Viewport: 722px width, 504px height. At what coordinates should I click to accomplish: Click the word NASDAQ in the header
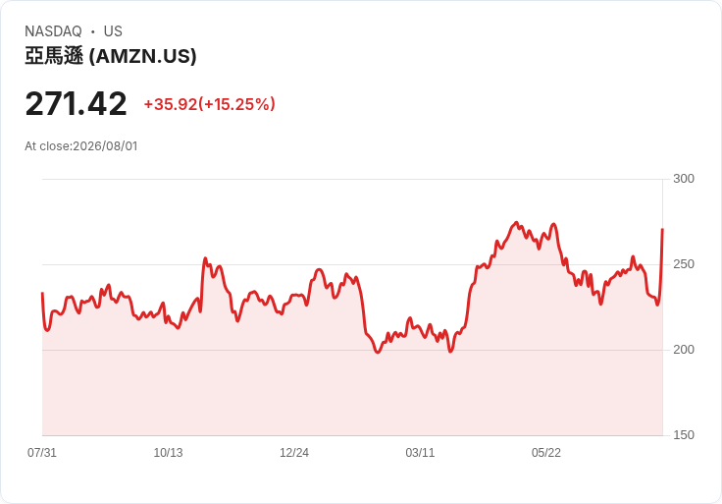[x=53, y=31]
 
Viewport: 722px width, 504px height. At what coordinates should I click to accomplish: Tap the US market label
[x=113, y=31]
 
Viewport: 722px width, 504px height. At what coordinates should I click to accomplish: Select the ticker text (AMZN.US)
[x=143, y=56]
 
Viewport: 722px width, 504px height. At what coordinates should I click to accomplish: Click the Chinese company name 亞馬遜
[x=54, y=56]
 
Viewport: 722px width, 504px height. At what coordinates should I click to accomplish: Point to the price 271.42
[x=76, y=104]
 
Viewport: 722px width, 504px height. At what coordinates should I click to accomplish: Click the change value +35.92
[x=171, y=104]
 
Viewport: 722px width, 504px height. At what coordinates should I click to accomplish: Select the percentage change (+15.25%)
[x=236, y=104]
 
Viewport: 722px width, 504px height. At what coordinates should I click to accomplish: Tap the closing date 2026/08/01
[x=105, y=146]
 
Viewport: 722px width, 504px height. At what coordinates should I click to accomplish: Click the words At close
[x=48, y=146]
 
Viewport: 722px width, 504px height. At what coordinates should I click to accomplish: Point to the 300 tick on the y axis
[x=684, y=179]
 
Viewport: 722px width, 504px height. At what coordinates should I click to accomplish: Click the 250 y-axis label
[x=684, y=264]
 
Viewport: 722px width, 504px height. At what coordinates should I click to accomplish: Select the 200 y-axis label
[x=684, y=350]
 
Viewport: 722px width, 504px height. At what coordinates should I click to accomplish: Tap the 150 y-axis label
[x=684, y=435]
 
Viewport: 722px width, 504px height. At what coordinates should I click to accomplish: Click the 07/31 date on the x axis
[x=42, y=453]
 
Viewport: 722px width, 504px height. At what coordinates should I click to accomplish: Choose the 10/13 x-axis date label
[x=168, y=453]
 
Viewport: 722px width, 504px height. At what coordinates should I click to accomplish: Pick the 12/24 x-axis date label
[x=293, y=453]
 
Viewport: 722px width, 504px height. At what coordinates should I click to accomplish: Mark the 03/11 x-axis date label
[x=420, y=453]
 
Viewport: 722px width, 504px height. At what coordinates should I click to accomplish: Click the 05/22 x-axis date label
[x=546, y=453]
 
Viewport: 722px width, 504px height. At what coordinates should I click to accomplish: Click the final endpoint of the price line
[x=662, y=229]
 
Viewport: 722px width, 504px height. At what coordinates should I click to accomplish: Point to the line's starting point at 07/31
[x=42, y=293]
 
